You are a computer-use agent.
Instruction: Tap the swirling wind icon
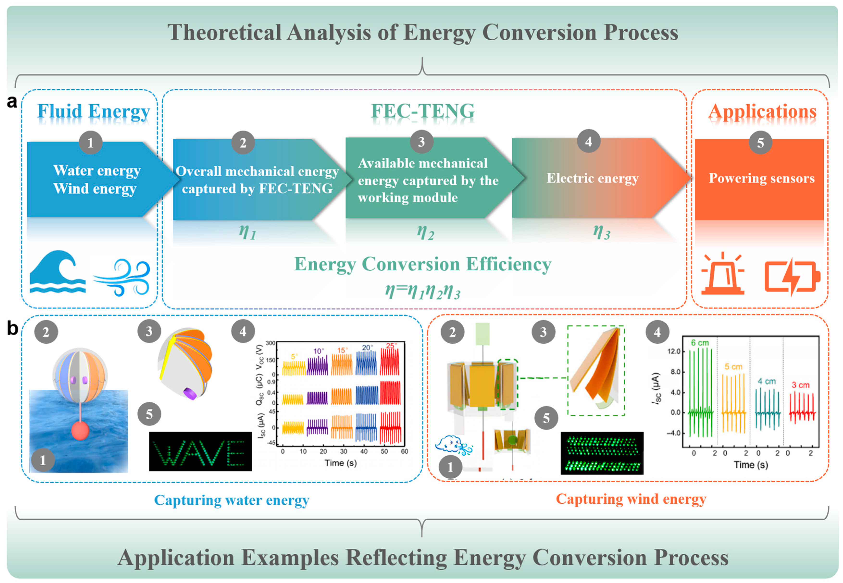tap(123, 278)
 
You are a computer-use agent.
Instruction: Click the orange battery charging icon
tap(792, 277)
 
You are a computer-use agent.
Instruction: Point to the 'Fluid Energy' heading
tap(93, 111)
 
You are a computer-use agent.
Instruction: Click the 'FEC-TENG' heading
tap(423, 111)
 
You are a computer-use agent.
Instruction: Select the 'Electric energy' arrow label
tap(592, 178)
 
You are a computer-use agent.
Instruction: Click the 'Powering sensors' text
tap(762, 178)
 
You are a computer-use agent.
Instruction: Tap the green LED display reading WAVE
tap(200, 451)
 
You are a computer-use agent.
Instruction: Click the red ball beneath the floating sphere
tap(80, 430)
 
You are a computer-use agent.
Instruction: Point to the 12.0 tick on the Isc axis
tap(673, 351)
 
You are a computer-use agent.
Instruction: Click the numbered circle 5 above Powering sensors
tap(760, 142)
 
